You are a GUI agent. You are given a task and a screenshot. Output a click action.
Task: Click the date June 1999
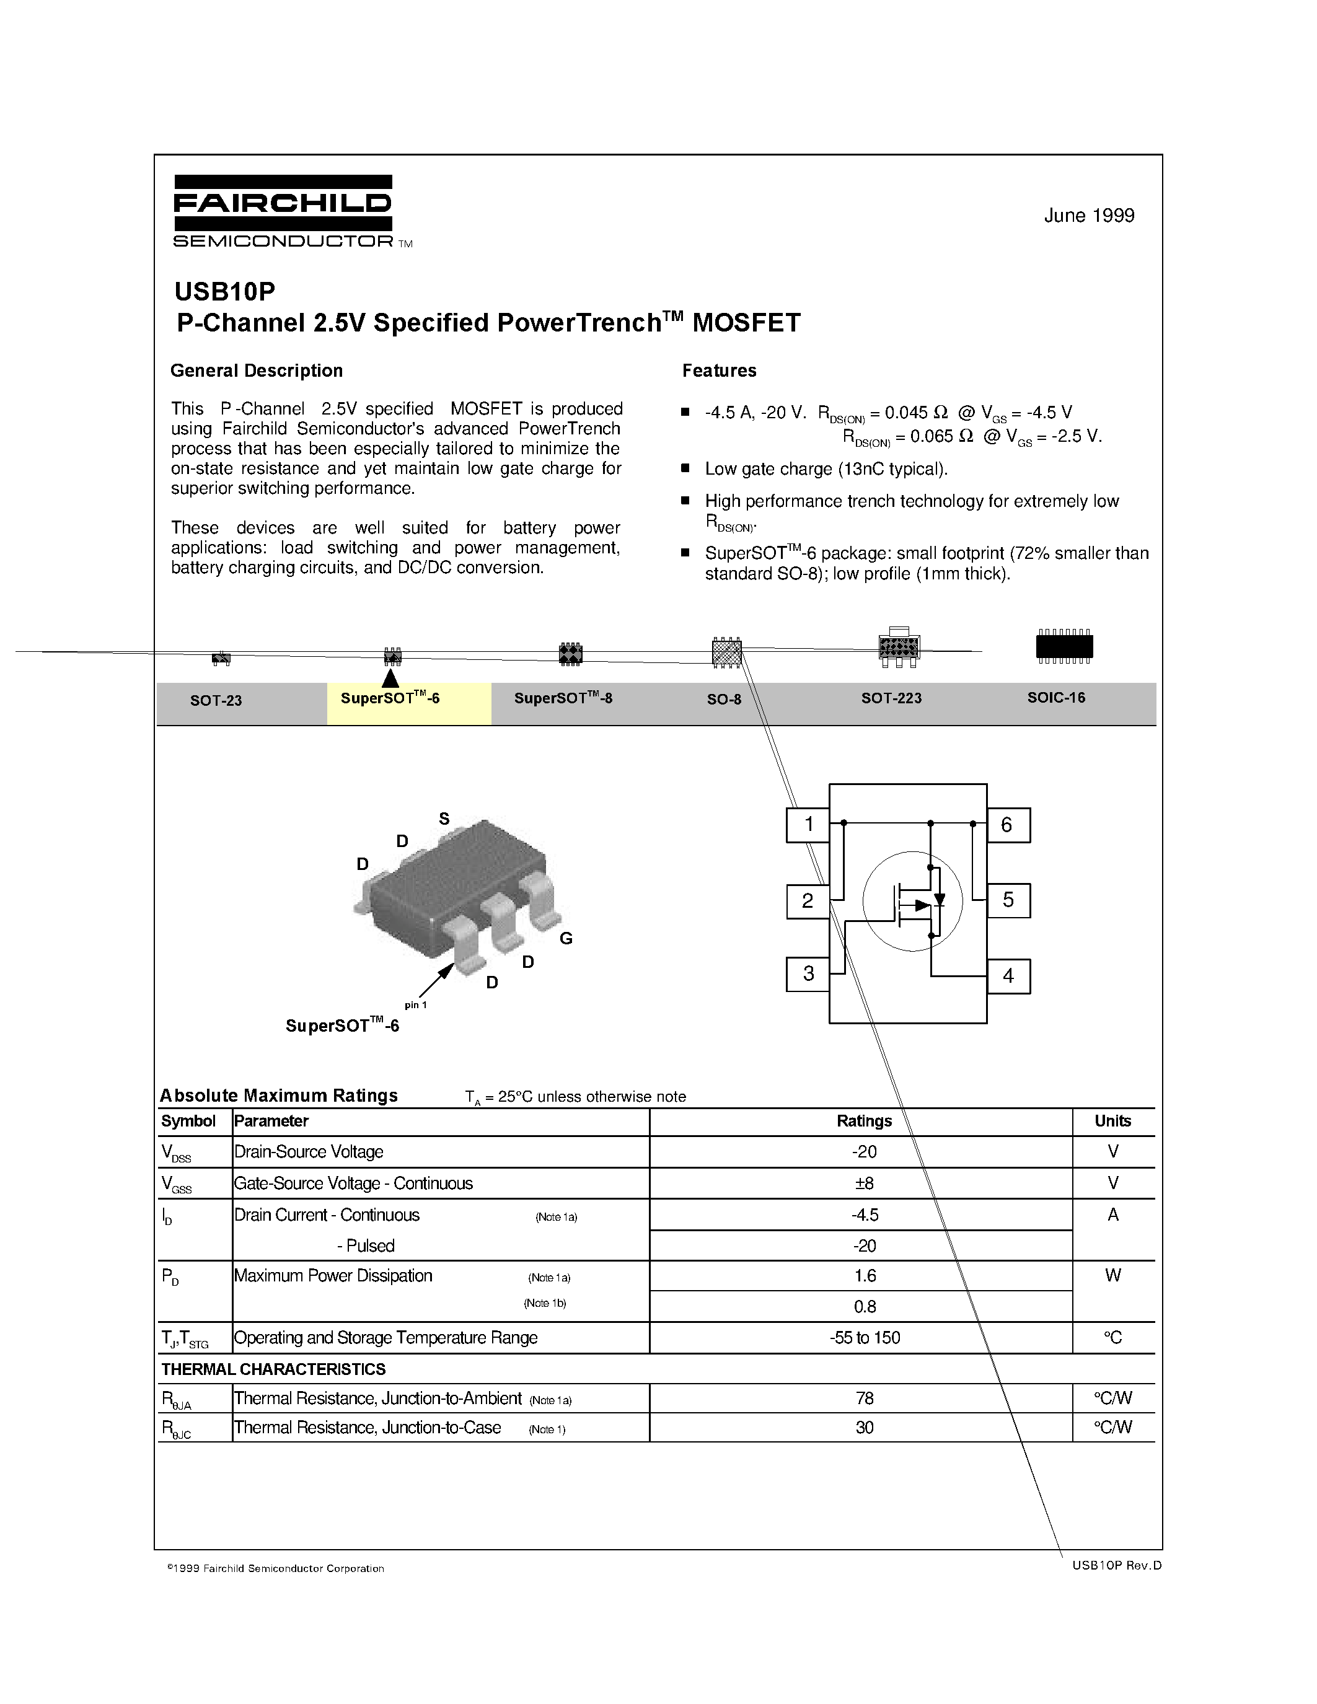(1088, 216)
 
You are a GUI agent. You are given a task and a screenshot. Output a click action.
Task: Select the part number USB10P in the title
(225, 291)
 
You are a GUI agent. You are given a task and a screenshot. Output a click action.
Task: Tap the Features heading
(718, 371)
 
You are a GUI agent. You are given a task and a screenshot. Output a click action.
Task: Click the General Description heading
(256, 371)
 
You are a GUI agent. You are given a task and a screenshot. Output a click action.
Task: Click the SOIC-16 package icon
(1064, 646)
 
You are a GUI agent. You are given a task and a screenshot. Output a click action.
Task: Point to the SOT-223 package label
(891, 698)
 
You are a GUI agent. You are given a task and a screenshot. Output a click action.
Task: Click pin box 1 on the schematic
(808, 825)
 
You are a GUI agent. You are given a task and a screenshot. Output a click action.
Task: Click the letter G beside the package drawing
(566, 939)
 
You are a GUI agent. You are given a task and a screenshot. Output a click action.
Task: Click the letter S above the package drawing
(444, 819)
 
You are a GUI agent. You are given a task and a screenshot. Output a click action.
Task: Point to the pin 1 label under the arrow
(415, 1005)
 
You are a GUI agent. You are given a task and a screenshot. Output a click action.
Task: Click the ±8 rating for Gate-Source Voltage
(864, 1184)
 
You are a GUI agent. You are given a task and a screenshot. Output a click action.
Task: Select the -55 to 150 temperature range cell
(864, 1338)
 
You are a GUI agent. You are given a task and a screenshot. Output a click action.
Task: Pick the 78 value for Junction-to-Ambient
(864, 1398)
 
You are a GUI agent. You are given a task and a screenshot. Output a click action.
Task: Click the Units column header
(1112, 1121)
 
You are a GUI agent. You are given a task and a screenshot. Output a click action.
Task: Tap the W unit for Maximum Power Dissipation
(1112, 1276)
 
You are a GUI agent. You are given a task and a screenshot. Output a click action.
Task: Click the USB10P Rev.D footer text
(1116, 1565)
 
